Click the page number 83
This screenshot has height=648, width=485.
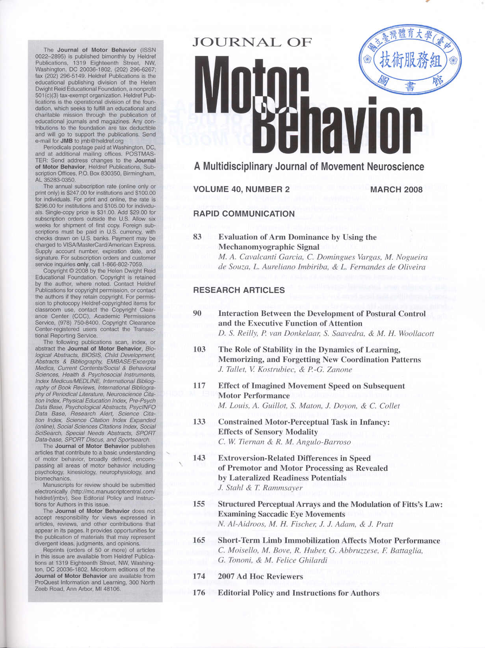click(x=197, y=237)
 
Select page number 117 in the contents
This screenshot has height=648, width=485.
click(x=199, y=386)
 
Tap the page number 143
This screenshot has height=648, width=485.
click(x=199, y=458)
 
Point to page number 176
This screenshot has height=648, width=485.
click(x=199, y=593)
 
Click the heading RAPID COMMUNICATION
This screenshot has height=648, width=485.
click(x=244, y=214)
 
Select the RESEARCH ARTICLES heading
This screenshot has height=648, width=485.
click(x=239, y=290)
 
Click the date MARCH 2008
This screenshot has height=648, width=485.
click(x=396, y=189)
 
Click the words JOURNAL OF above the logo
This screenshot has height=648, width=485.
click(x=252, y=42)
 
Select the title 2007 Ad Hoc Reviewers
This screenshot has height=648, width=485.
click(x=260, y=576)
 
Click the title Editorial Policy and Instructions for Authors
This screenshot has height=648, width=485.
click(x=298, y=593)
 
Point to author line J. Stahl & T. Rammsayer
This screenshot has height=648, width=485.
click(x=260, y=488)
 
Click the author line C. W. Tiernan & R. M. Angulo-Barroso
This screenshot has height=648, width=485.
click(x=284, y=442)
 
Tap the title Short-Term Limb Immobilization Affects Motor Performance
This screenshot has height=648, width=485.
click(x=329, y=540)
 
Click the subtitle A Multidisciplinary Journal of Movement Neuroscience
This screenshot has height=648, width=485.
click(x=309, y=167)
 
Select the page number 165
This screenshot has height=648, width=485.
click(x=199, y=540)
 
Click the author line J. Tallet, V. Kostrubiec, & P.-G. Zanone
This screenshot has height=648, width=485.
click(x=285, y=369)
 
